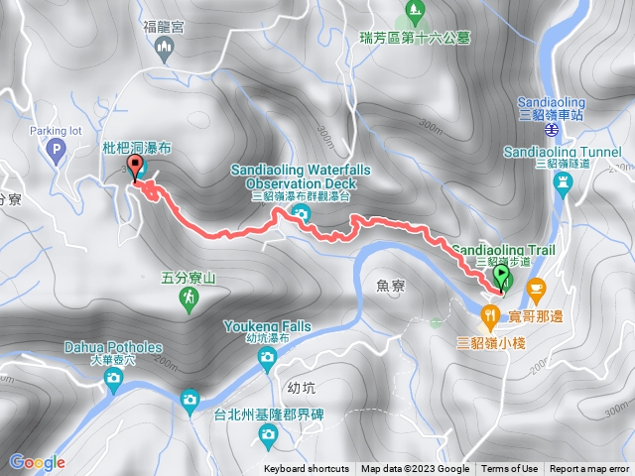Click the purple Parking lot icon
coord(56,150)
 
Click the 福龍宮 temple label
coord(164,29)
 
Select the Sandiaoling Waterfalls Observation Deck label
coord(300,178)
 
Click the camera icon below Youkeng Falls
coord(266,358)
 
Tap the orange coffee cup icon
coord(536,291)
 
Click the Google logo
coord(37,462)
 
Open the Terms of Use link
coord(509,469)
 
